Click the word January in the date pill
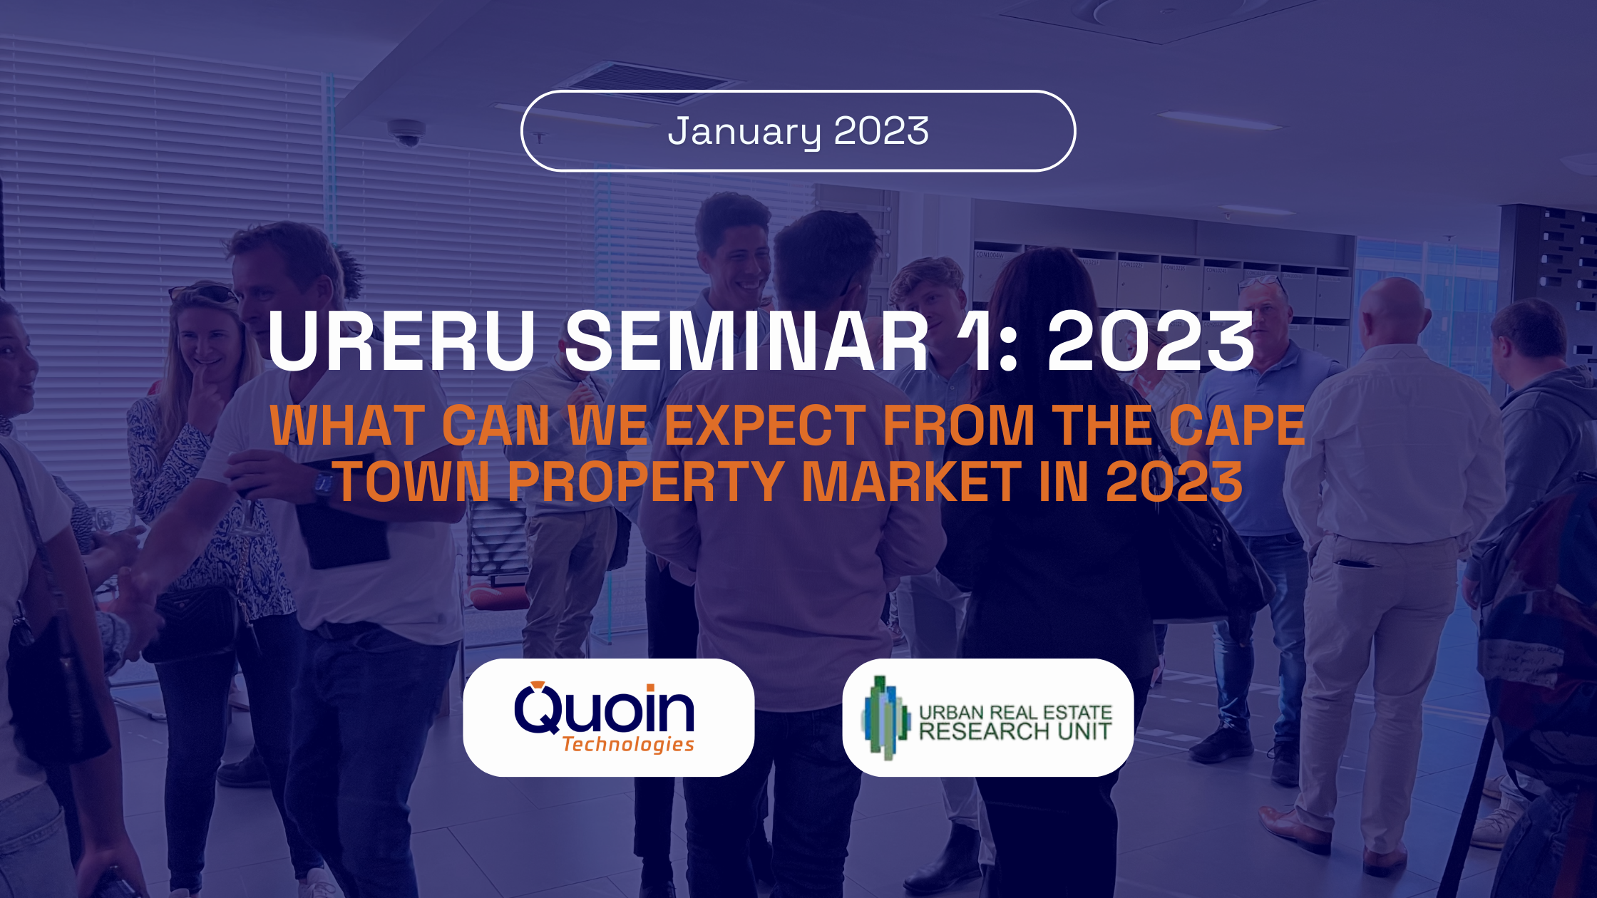pyautogui.click(x=744, y=132)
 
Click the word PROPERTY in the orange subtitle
pyautogui.click(x=646, y=481)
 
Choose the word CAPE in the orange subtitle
pyautogui.click(x=1237, y=425)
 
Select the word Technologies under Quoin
pyautogui.click(x=628, y=745)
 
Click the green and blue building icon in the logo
pyautogui.click(x=885, y=718)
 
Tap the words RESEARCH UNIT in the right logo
pyautogui.click(x=1015, y=731)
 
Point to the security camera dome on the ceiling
pyautogui.click(x=406, y=132)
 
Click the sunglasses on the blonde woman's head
pyautogui.click(x=203, y=292)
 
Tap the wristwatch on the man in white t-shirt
pyautogui.click(x=324, y=485)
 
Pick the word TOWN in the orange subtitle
pyautogui.click(x=413, y=481)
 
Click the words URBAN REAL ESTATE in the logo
pyautogui.click(x=1015, y=712)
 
